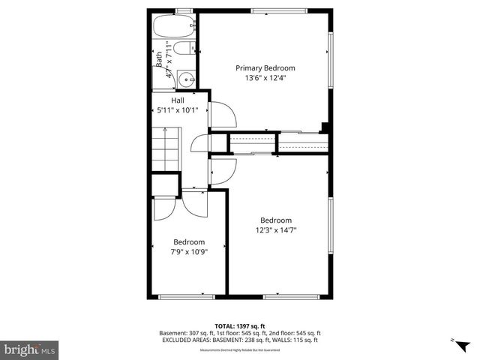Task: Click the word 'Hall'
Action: coord(178,100)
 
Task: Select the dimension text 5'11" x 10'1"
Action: coord(178,110)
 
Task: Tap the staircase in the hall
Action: coord(167,148)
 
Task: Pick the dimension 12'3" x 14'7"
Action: coord(276,230)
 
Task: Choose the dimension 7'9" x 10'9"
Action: coord(189,252)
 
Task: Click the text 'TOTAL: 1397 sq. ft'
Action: coord(240,326)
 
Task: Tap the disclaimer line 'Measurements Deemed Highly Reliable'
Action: coord(240,348)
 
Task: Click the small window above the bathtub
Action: coord(182,10)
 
